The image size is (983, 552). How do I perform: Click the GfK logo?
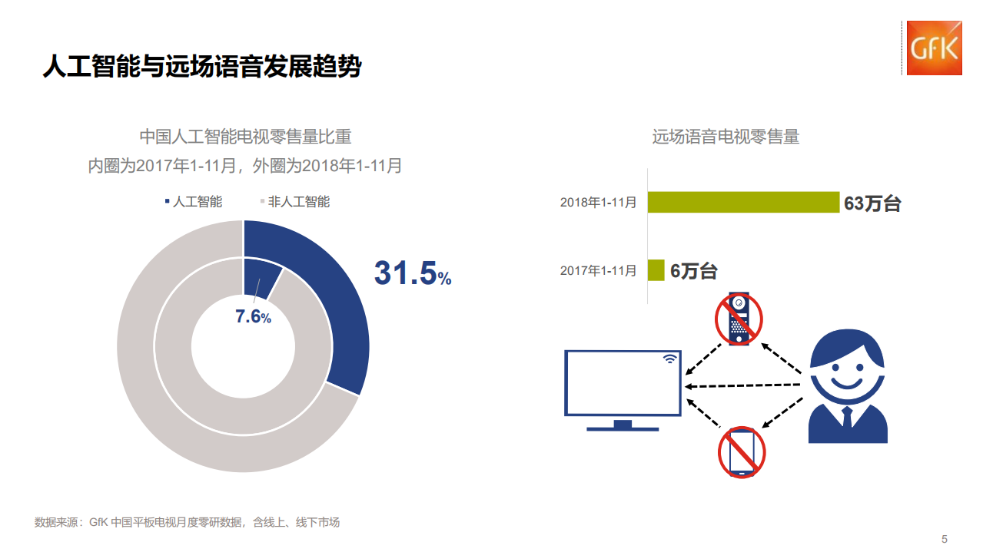coord(934,48)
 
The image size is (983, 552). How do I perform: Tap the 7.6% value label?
coord(253,316)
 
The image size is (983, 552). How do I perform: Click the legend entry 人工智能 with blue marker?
coord(193,202)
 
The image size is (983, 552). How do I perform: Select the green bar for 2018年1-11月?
coord(743,202)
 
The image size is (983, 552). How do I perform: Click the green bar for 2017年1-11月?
coord(656,270)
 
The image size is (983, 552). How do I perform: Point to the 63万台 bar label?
coord(872,203)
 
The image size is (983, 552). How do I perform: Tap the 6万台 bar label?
coord(693,271)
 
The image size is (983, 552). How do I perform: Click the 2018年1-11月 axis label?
coord(598,203)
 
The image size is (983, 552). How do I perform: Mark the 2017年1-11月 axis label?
coord(598,270)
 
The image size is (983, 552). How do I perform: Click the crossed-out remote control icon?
coord(739,318)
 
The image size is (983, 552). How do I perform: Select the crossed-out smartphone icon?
coord(742,453)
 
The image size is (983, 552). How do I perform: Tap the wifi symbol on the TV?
coord(670,359)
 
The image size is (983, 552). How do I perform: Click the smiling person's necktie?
coord(847,417)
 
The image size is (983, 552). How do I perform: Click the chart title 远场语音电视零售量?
coord(726,137)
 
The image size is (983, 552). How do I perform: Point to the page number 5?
coord(945,539)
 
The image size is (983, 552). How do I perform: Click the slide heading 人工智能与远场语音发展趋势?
coord(201,67)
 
